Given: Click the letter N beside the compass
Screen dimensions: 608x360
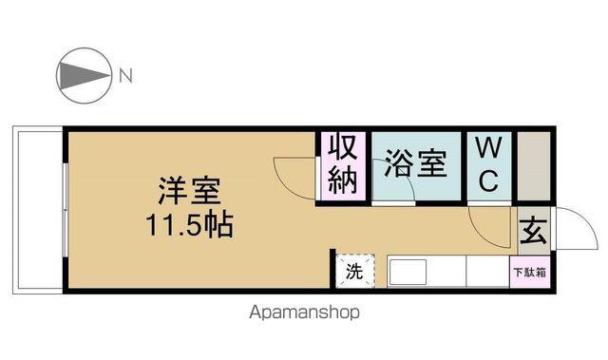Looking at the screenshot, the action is [125, 76].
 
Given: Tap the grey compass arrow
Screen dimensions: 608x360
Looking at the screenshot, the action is [85, 76].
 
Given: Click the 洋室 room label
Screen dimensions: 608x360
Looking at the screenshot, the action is [190, 191].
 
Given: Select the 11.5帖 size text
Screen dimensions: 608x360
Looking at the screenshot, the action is [190, 224].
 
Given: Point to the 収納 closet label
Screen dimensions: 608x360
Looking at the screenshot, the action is [342, 164].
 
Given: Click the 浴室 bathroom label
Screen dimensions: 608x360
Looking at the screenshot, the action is [416, 163].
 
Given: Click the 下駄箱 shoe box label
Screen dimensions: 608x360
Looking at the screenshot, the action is [530, 273].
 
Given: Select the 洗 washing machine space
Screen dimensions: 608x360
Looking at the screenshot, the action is [354, 271].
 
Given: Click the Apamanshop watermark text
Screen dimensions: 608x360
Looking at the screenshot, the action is [304, 312].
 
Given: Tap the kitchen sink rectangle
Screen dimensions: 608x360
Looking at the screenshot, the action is [408, 272].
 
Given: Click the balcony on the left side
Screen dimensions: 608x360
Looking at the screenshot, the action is [38, 210].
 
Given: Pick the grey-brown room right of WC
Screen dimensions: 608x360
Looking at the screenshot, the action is [534, 166].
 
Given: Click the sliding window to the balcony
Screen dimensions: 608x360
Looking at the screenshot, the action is [66, 210].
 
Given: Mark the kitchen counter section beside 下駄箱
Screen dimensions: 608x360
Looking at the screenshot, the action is [487, 272].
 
